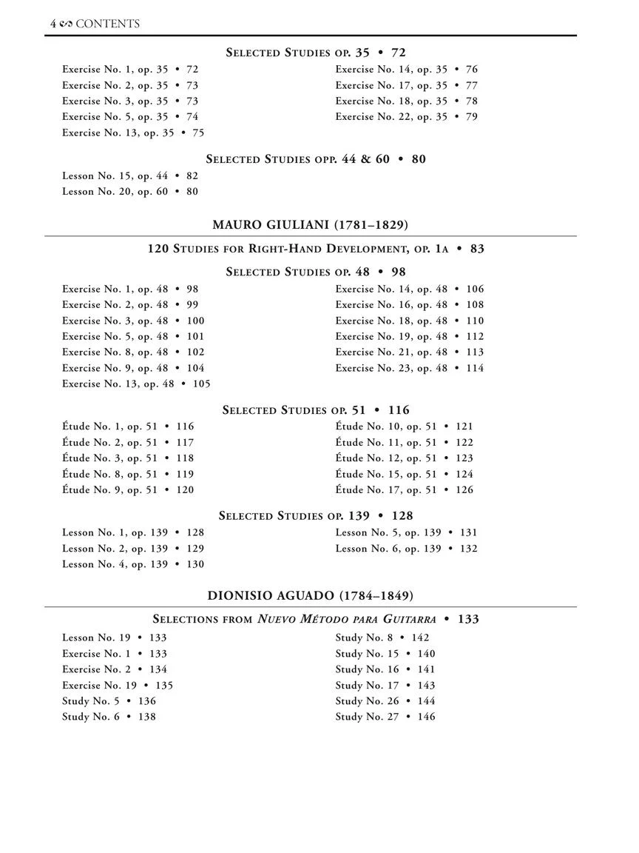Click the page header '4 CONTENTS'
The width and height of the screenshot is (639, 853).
(x=95, y=24)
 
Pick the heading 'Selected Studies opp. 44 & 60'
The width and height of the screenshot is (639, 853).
(x=316, y=159)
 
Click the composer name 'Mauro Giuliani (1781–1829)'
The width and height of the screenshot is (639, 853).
(x=310, y=224)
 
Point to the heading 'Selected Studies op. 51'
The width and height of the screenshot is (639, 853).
(x=316, y=410)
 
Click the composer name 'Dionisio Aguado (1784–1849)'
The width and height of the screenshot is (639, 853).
(x=310, y=595)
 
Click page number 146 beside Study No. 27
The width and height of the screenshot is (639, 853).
(x=427, y=717)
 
